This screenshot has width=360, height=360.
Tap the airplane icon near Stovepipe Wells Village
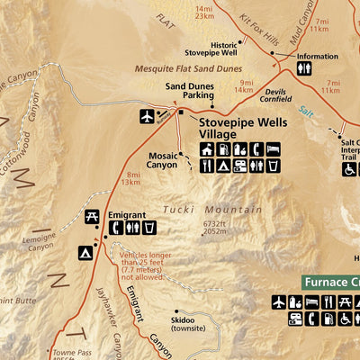pos(148,116)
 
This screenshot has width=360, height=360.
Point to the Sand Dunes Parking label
pos(189,91)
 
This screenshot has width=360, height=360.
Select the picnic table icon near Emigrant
pos(92,216)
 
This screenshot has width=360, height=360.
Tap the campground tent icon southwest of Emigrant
pos(85,253)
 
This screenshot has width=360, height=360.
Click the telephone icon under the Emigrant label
pos(115,229)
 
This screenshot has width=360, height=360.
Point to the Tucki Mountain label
pos(212,210)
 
